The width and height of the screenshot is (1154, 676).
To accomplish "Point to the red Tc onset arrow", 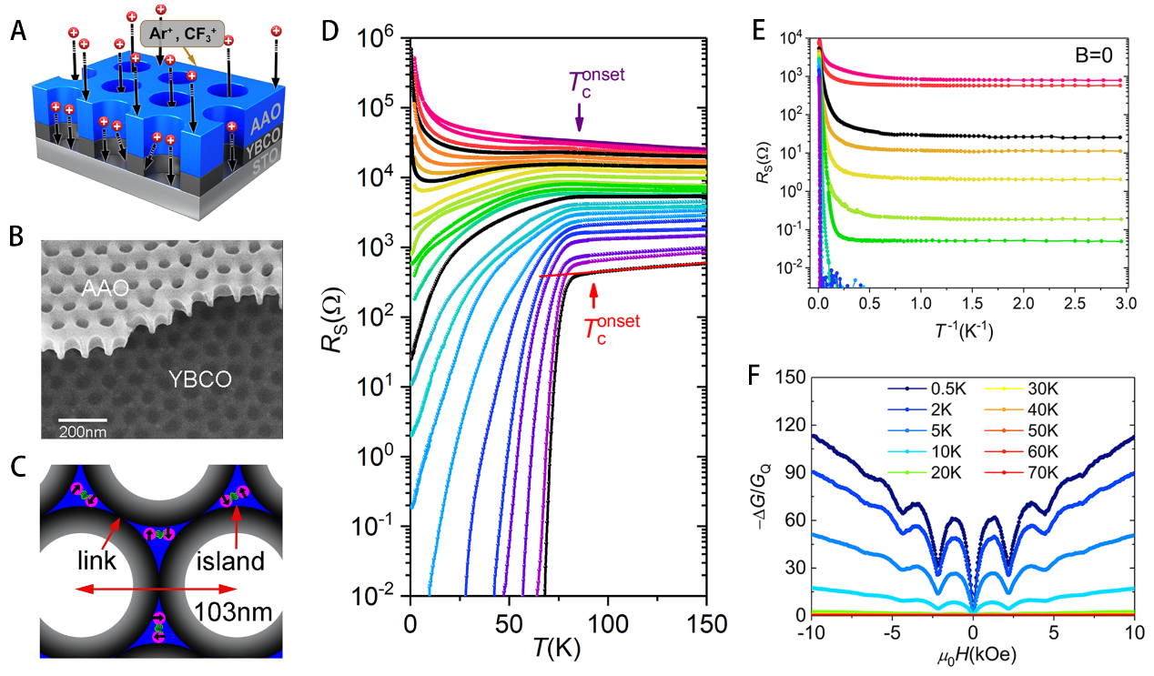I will pyautogui.click(x=594, y=297).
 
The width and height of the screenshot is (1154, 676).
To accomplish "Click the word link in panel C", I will pyautogui.click(x=95, y=560).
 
